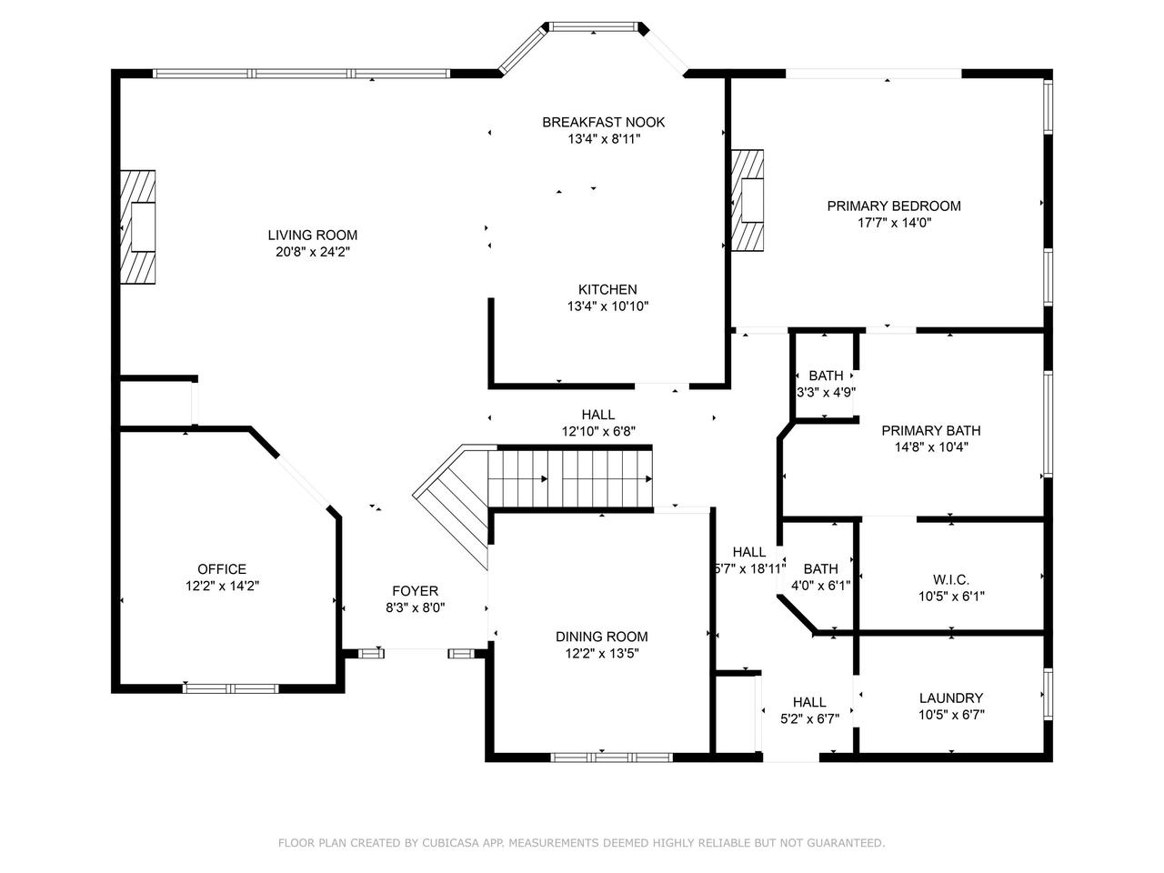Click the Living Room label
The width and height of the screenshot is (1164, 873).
[x=312, y=235]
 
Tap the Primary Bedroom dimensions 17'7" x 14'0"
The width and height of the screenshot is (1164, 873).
[x=894, y=223]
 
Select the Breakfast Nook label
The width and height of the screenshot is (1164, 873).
[x=603, y=123]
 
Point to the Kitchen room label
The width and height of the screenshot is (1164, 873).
[x=607, y=289]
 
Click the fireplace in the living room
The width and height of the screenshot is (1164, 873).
[x=138, y=226]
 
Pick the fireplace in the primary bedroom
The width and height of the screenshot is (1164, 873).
[x=748, y=200]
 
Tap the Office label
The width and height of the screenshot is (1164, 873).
[x=222, y=569]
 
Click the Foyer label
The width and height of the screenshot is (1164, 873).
[x=415, y=591]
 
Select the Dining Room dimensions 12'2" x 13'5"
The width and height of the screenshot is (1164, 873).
[x=602, y=653]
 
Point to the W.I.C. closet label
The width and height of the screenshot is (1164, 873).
[x=951, y=579]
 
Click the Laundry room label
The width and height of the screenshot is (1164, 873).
[x=951, y=698]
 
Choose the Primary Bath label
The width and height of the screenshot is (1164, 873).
[x=930, y=430]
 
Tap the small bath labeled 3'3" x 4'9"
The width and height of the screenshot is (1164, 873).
[x=826, y=384]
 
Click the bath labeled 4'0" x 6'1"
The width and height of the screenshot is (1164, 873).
[x=820, y=577]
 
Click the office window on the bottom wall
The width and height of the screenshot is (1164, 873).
[x=231, y=688]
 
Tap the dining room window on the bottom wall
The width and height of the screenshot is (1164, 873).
[x=612, y=758]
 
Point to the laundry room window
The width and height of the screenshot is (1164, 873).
[x=1049, y=694]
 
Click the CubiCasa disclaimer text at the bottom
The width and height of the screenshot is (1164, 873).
[x=582, y=842]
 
